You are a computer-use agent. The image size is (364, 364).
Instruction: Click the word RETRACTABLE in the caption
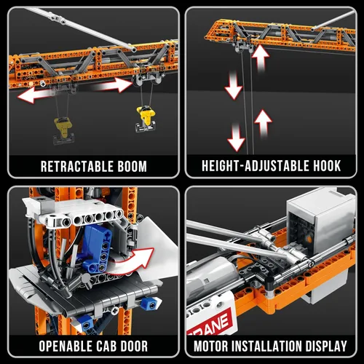pyautogui.click(x=77, y=167)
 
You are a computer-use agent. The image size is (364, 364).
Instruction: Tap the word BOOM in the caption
pyautogui.click(x=132, y=167)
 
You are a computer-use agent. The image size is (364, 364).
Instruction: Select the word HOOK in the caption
pyautogui.click(x=327, y=166)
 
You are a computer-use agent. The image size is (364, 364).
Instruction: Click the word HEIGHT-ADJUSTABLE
pyautogui.click(x=256, y=166)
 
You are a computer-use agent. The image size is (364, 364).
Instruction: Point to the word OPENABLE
pyautogui.click(x=66, y=346)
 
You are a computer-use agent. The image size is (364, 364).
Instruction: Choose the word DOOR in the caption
pyautogui.click(x=134, y=346)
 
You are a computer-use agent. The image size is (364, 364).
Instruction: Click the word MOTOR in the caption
pyautogui.click(x=210, y=346)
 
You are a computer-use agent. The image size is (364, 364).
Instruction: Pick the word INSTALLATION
pyautogui.click(x=266, y=346)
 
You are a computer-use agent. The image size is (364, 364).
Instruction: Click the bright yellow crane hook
pyautogui.click(x=145, y=118)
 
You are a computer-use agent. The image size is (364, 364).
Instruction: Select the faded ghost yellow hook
pyautogui.click(x=63, y=130)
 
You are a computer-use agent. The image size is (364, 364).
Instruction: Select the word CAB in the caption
pyautogui.click(x=106, y=346)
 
